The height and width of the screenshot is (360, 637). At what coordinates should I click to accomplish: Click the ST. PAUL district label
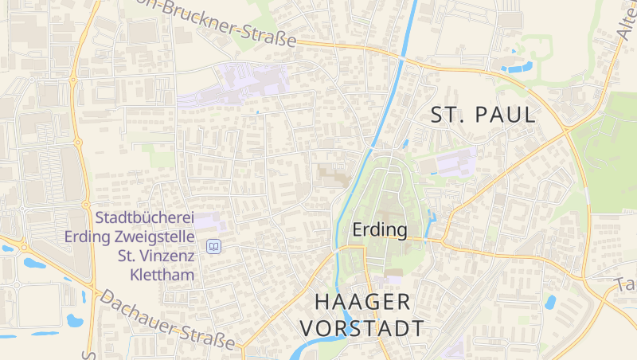pyautogui.click(x=483, y=115)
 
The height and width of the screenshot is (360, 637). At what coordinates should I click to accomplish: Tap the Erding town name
pyautogui.click(x=380, y=231)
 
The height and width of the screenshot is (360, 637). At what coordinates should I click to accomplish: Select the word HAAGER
pyautogui.click(x=362, y=302)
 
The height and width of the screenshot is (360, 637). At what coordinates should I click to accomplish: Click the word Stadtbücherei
pyautogui.click(x=144, y=217)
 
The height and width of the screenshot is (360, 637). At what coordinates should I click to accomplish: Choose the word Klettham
pyautogui.click(x=163, y=275)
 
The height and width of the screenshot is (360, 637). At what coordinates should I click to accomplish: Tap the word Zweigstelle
pyautogui.click(x=156, y=237)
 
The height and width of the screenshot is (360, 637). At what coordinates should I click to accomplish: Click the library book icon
pyautogui.click(x=213, y=247)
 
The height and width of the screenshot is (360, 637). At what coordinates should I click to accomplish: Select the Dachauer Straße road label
pyautogui.click(x=166, y=319)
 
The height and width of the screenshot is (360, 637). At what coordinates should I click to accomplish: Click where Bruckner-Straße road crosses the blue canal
pyautogui.click(x=402, y=58)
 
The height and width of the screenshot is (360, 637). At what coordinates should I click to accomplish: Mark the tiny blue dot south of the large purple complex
pyautogui.click(x=257, y=113)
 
